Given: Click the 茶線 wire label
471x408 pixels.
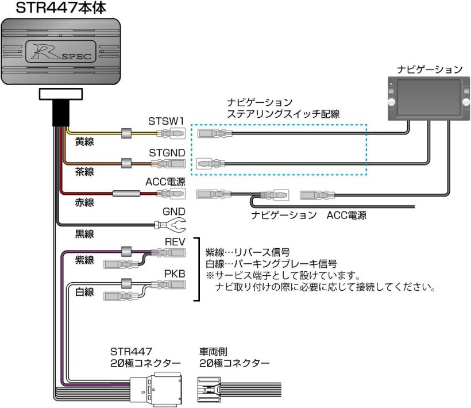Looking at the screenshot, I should click(x=84, y=171).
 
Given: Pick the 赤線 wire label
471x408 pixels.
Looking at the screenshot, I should click(x=84, y=202).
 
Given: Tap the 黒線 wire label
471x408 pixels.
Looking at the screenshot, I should click(x=84, y=233).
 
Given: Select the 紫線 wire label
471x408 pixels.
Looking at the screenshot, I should click(x=84, y=260).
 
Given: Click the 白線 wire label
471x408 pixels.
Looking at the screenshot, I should click(x=84, y=292).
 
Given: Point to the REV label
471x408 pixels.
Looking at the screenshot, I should click(x=175, y=242).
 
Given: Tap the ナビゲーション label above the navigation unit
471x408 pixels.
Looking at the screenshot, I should click(x=429, y=70).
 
